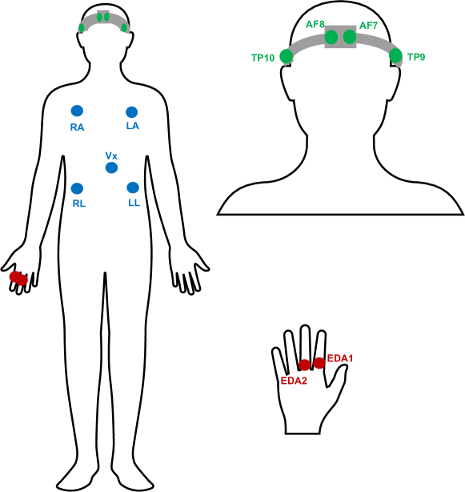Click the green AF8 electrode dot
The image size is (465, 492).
[331, 37]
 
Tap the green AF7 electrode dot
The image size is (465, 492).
[350, 37]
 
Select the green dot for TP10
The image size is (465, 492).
[286, 56]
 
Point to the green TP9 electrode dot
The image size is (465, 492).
[395, 55]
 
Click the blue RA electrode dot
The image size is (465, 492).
[77, 111]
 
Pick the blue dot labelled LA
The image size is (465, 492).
[132, 112]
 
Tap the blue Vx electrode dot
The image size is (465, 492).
[111, 167]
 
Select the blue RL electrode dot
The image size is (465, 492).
[77, 188]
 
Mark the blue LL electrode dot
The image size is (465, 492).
[133, 188]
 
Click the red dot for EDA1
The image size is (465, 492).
[319, 363]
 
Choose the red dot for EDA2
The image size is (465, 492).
[305, 365]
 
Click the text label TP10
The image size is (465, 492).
[263, 58]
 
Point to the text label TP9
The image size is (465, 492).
[416, 58]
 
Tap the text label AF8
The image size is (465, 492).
[315, 25]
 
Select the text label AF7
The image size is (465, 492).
[368, 26]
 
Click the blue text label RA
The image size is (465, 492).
[77, 127]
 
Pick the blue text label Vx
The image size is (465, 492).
[111, 155]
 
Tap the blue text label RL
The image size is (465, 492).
[79, 204]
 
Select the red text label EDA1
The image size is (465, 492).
[340, 358]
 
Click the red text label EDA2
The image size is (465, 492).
[294, 381]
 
